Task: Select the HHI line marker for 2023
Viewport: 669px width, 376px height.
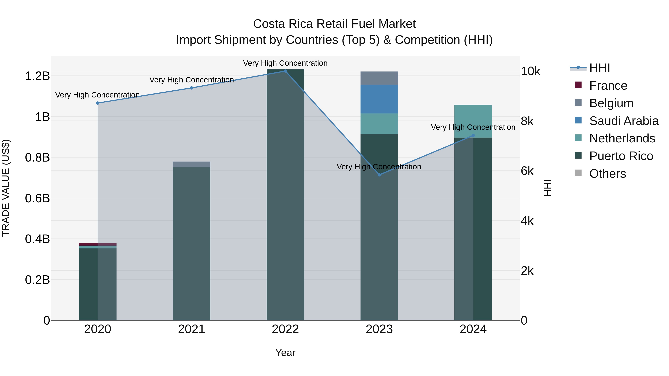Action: point(379,175)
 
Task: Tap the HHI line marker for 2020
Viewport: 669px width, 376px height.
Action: point(98,103)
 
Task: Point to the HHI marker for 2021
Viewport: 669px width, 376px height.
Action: point(191,88)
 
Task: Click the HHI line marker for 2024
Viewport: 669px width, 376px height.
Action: point(473,136)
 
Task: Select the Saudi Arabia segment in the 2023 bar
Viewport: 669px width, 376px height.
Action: point(379,99)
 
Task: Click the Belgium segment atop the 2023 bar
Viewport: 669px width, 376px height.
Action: point(379,78)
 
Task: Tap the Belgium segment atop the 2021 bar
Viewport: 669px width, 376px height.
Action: point(191,164)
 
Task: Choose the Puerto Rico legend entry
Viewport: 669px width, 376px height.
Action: point(621,156)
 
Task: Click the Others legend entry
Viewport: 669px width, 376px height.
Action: point(607,174)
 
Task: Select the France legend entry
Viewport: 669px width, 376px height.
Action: point(608,86)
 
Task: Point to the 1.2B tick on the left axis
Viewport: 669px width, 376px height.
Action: point(37,76)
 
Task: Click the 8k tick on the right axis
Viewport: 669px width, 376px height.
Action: point(527,121)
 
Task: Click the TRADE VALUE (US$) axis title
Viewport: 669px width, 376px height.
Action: point(6,188)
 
